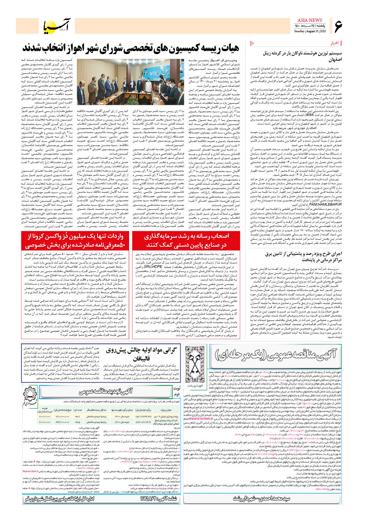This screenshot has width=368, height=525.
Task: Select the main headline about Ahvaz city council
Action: tap(131, 48)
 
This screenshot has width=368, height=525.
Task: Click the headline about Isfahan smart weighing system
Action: tap(302, 56)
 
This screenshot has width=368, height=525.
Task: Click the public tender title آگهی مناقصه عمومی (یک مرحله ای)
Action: tap(276, 355)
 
